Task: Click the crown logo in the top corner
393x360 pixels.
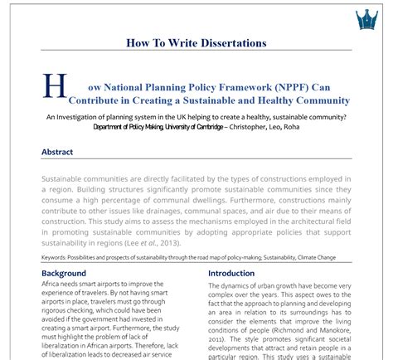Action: [x=366, y=18]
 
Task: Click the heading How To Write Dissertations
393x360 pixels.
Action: [x=196, y=42]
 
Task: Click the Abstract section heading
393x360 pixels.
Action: [x=57, y=152]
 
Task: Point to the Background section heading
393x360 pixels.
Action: [x=64, y=273]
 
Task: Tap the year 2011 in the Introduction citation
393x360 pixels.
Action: [x=218, y=338]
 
